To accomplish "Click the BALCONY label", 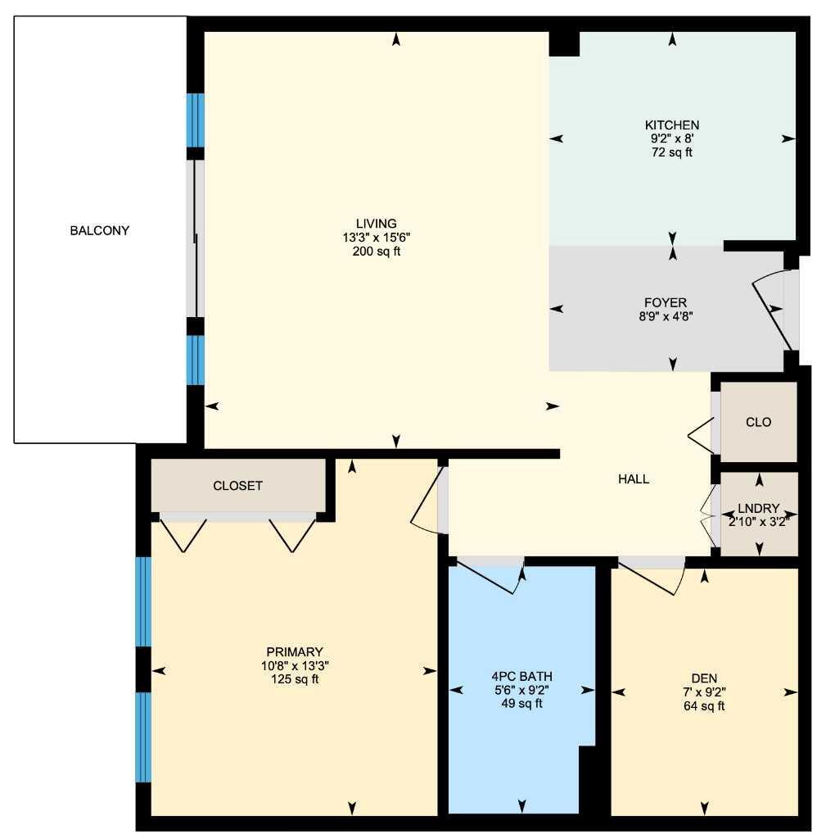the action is pos(99,230).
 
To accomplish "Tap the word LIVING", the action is pos(377,224).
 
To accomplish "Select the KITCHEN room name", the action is pos(672,125).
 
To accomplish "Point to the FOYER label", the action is pos(666,303).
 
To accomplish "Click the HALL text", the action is pos(634,479).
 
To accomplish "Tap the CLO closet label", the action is pos(759,422).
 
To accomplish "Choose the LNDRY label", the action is pos(759,508).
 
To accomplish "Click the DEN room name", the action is pos(704,678).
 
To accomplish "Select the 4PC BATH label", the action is pos(521,676).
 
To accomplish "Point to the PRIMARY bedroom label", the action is pos(295,652).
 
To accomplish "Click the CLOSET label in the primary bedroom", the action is pos(238,486).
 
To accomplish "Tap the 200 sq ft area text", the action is pos(377,252).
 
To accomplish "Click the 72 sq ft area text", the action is pos(672,152).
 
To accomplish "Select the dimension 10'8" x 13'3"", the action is pos(295,666).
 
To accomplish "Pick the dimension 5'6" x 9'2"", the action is pos(521,690).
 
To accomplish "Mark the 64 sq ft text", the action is pos(704,706).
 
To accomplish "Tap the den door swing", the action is pos(651,578).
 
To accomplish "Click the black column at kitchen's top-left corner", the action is pos(565,44).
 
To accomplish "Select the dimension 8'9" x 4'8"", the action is pos(666,317).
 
